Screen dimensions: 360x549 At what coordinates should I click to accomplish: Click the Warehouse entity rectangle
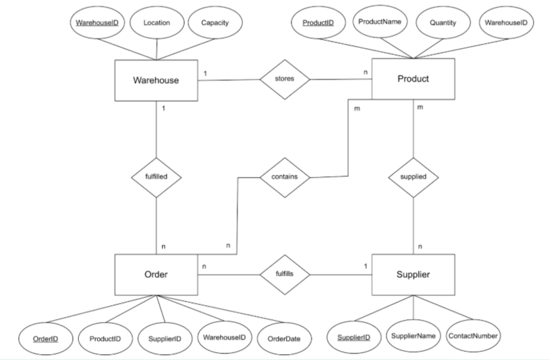click(x=156, y=80)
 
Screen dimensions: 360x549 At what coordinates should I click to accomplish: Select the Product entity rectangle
click(x=413, y=79)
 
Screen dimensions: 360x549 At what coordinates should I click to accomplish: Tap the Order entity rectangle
click(x=156, y=275)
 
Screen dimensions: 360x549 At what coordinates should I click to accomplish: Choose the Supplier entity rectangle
click(x=413, y=275)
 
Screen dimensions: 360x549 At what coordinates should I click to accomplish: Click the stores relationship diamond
click(x=285, y=79)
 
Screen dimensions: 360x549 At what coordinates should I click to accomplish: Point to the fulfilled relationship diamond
click(x=156, y=177)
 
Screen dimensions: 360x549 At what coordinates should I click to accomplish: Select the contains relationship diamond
click(x=285, y=177)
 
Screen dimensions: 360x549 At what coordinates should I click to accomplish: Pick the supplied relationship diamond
click(x=413, y=177)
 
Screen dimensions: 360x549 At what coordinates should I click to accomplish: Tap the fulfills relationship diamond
click(x=285, y=274)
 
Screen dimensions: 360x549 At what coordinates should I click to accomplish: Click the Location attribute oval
click(x=157, y=23)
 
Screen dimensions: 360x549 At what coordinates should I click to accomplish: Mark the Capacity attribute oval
click(x=215, y=23)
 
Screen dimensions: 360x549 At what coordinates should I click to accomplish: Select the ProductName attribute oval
click(x=380, y=22)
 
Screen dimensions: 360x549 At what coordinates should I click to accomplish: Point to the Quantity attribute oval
click(x=443, y=23)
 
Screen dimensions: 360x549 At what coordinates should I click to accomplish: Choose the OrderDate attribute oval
click(x=284, y=339)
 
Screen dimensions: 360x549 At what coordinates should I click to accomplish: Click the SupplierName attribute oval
click(x=413, y=336)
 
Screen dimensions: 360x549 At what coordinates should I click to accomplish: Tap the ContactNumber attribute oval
click(x=473, y=336)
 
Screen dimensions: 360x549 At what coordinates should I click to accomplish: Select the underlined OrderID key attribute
click(x=46, y=339)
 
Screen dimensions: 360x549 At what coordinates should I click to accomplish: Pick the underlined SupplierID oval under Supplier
click(x=354, y=338)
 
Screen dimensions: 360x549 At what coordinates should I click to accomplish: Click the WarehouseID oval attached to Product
click(x=506, y=23)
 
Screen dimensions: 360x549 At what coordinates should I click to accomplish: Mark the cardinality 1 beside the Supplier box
click(x=366, y=266)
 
